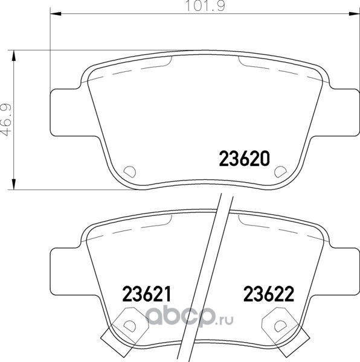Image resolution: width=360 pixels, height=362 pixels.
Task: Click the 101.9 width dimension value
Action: pyautogui.click(x=205, y=6)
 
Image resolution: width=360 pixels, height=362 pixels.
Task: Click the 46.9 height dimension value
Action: pyautogui.click(x=6, y=120)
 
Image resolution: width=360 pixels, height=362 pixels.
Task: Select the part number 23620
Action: pyautogui.click(x=244, y=158)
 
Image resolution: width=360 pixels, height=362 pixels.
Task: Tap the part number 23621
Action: pyautogui.click(x=147, y=294)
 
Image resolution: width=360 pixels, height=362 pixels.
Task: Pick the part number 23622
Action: pyautogui.click(x=269, y=294)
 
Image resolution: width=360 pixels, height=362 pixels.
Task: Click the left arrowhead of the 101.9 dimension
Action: pyautogui.click(x=56, y=14)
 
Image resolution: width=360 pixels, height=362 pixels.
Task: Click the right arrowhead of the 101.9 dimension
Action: pyautogui.click(x=354, y=14)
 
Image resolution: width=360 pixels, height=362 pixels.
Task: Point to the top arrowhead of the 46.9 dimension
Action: pyautogui.click(x=14, y=56)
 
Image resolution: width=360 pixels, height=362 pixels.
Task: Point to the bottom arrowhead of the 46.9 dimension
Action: pyautogui.click(x=14, y=184)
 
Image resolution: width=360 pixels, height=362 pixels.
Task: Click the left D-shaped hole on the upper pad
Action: pyautogui.click(x=130, y=172)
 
